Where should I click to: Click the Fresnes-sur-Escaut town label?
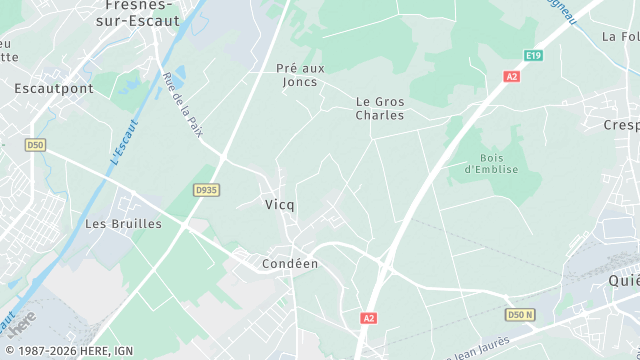click(142, 12)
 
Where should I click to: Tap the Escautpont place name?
click(54, 88)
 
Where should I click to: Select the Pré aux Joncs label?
click(301, 75)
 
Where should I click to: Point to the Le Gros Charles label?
click(380, 108)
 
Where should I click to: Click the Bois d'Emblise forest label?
click(489, 163)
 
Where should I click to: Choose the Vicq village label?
click(280, 204)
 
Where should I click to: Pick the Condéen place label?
click(289, 264)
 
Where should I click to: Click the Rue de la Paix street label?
click(183, 108)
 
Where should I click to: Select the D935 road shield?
click(207, 189)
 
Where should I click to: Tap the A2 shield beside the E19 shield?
click(512, 76)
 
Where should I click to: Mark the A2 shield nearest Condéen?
click(369, 318)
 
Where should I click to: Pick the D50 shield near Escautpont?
click(36, 145)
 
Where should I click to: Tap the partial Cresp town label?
click(621, 125)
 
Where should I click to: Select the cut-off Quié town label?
click(624, 281)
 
